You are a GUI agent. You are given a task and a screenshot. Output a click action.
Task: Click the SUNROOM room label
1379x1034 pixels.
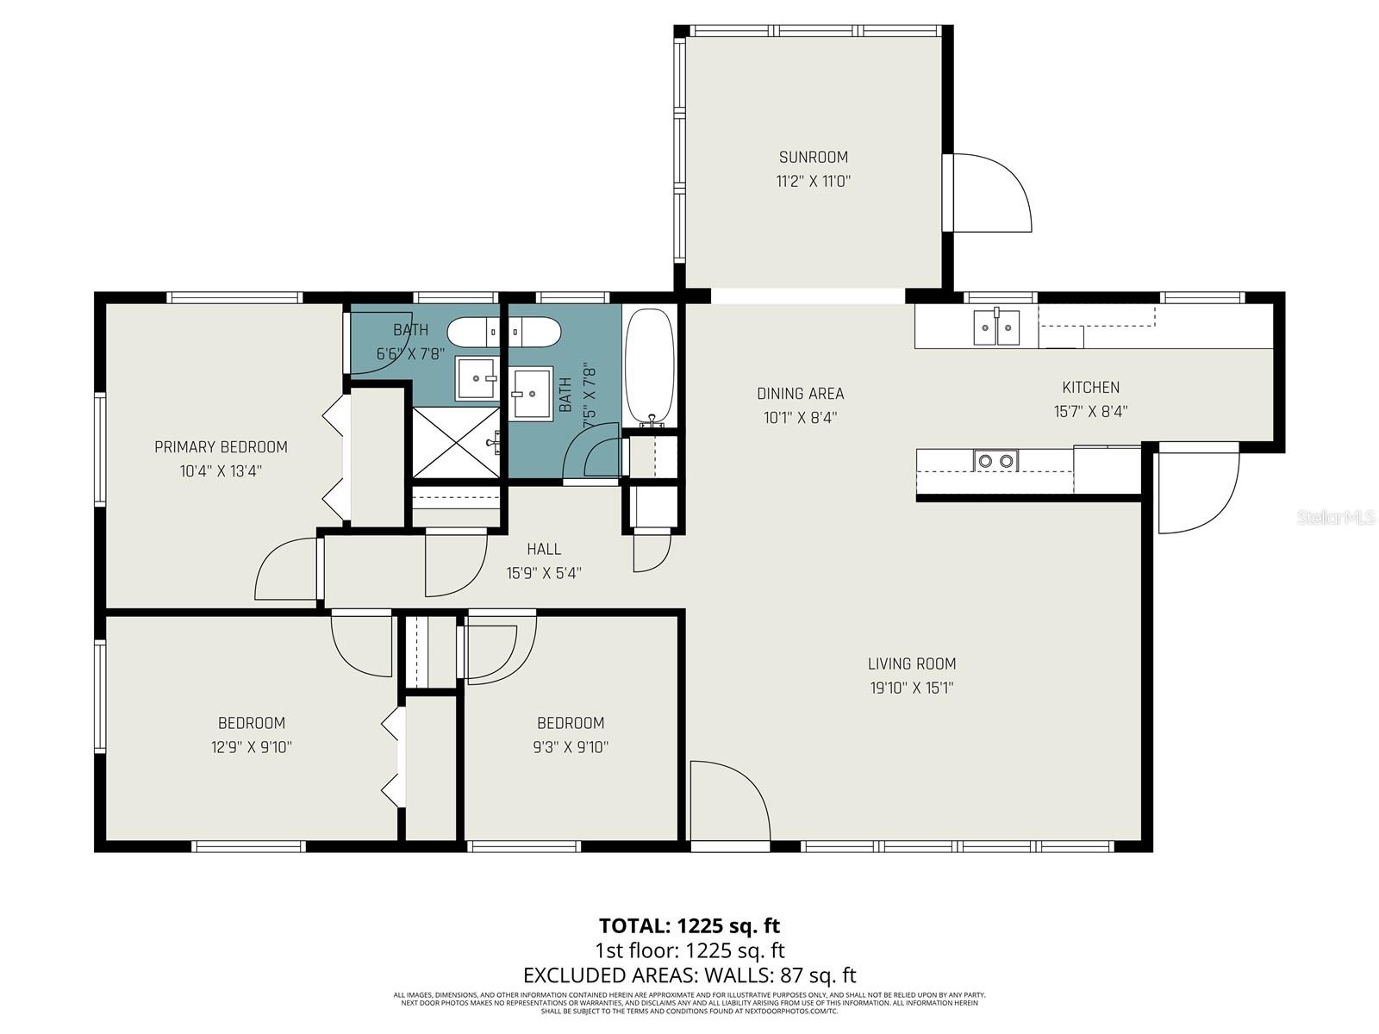point(813,157)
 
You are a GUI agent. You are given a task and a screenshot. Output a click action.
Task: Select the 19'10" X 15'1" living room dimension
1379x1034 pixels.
point(911,688)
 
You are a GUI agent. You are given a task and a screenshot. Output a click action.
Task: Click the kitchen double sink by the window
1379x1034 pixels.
point(996,327)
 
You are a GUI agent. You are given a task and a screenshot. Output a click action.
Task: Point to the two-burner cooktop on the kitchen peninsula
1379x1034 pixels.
point(996,461)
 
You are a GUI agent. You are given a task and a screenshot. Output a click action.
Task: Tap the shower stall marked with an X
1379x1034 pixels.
point(456,443)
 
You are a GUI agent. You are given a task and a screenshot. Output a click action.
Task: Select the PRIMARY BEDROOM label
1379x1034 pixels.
point(221,446)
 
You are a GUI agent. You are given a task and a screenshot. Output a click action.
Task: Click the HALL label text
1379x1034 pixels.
point(544,549)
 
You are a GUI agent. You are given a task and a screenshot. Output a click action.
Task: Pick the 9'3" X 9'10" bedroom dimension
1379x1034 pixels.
point(570,747)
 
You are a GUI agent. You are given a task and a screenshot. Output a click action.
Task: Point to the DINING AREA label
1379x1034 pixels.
point(800,394)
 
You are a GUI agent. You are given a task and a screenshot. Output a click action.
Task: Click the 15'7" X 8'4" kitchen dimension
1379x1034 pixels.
point(1090,412)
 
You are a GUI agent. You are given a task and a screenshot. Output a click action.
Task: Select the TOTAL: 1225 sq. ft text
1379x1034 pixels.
point(689,925)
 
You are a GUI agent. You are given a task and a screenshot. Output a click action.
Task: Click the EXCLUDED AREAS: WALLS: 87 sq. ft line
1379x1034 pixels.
point(689,975)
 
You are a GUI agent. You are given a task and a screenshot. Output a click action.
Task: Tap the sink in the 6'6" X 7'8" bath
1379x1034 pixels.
point(477,377)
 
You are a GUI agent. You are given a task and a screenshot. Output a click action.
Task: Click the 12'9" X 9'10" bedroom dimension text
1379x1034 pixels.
point(251,747)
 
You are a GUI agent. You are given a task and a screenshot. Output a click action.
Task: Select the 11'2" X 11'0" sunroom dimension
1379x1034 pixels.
point(813,181)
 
